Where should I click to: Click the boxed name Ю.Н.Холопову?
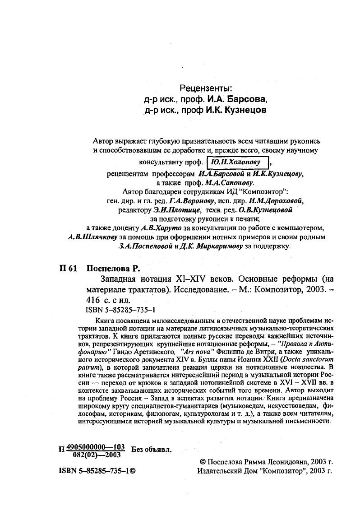coord(238,163)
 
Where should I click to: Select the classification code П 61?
coord(68,268)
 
